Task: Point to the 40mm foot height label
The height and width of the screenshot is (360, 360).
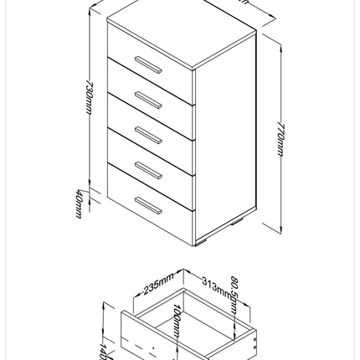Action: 78,204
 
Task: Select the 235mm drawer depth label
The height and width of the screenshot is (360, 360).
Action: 159,282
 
